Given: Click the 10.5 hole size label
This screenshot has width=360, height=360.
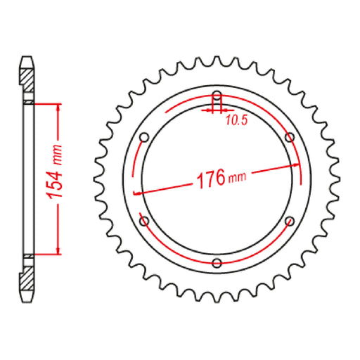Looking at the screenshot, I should pos(236,120).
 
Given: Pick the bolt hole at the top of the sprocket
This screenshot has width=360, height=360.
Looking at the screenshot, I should pos(217,96).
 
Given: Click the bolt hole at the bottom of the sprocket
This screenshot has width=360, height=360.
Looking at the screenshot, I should pos(217,264).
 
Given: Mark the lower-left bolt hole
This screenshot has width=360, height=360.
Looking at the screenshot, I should pos(143,222).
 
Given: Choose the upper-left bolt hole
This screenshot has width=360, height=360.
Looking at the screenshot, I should pos(143,137).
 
